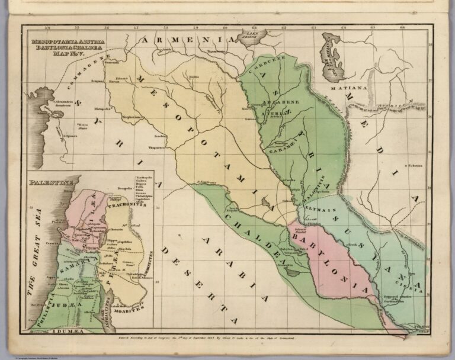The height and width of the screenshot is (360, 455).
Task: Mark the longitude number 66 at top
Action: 402,27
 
